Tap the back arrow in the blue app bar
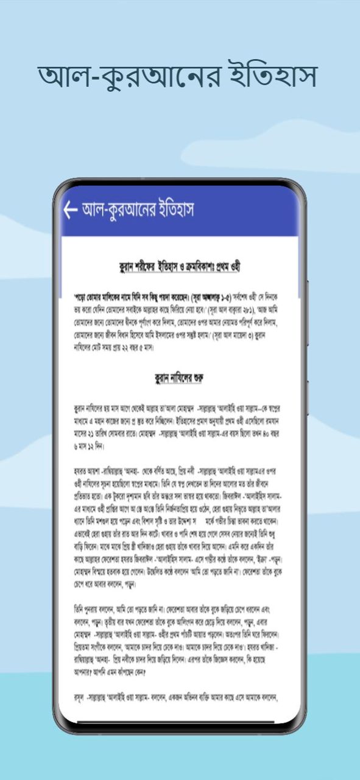click(x=70, y=210)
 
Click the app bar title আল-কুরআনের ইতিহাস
click(x=138, y=210)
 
